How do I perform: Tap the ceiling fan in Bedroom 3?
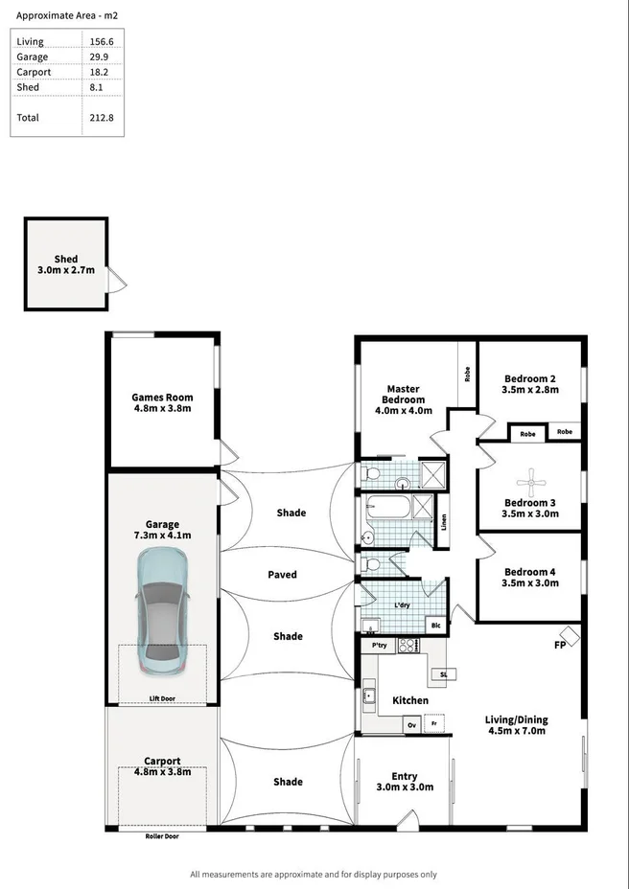point(531,478)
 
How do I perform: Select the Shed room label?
point(66,260)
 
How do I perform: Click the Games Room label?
point(162,397)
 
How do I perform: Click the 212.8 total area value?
point(100,118)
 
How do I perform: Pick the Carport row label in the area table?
point(34,72)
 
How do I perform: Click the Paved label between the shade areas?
point(282,575)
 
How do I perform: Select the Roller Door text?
point(162,836)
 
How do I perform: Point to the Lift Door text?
point(162,699)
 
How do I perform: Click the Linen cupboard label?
point(443,523)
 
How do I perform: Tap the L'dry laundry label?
point(403,606)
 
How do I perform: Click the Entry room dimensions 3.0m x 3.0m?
point(404,787)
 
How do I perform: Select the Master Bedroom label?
point(403,394)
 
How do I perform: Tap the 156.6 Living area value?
point(100,41)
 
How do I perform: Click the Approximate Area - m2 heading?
point(67,16)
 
